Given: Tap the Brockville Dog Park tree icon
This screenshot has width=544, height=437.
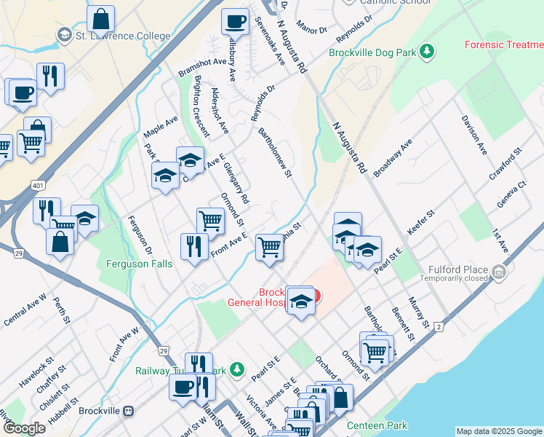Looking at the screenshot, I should tap(428, 51).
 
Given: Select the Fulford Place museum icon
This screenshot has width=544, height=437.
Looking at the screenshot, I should tap(499, 272).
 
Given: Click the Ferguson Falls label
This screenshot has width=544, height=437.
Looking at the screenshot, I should tap(140, 263).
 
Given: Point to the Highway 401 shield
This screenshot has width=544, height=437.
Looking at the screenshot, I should tap(37, 186).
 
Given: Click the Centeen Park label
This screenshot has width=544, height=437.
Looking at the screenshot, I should tap(377, 425).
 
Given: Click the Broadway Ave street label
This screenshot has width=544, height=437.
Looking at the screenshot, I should tap(392, 158).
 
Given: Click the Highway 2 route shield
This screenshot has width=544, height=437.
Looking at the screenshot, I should tap(439, 327).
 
